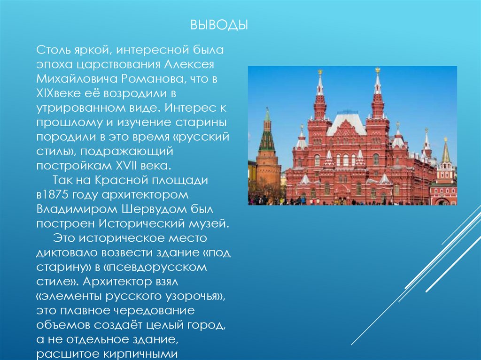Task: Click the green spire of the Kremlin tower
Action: (x=267, y=136)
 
